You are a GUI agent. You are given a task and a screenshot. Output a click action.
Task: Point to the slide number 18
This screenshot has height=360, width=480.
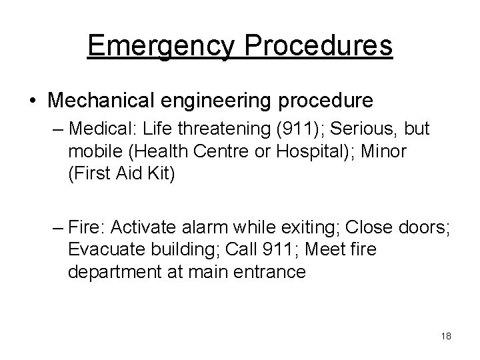coord(446,336)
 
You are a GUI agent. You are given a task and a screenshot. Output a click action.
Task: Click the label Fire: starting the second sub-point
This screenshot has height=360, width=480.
coord(88,227)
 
